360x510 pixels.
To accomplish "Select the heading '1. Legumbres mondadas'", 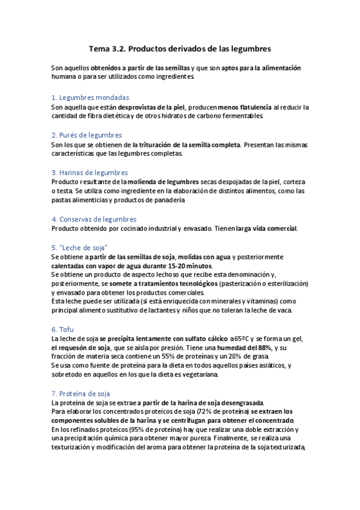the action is click(x=90, y=97).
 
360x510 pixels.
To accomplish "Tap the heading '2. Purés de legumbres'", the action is click(x=87, y=135).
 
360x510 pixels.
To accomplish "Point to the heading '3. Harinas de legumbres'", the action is click(x=90, y=172).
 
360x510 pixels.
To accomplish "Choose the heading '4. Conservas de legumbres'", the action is click(x=94, y=219).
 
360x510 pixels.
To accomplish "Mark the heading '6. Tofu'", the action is click(x=62, y=330).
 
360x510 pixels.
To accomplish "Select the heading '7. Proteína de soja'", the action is click(x=81, y=393).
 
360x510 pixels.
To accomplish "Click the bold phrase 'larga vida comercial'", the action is click(x=267, y=229).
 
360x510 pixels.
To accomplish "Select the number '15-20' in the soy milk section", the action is click(x=171, y=266).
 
